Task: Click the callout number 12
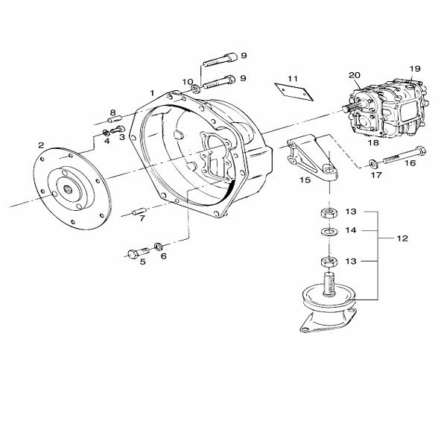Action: (402, 238)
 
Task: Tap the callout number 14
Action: (351, 230)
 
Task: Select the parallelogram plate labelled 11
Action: (294, 92)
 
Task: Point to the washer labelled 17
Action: (372, 164)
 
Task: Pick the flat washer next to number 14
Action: (329, 231)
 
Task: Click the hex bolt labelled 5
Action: (138, 253)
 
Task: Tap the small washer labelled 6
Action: (158, 246)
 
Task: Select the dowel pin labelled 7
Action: (140, 212)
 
